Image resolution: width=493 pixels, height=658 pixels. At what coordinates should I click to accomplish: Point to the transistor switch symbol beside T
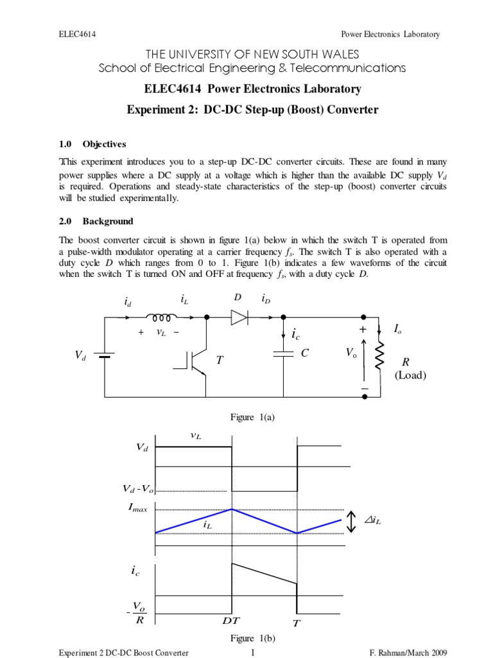tap(195, 362)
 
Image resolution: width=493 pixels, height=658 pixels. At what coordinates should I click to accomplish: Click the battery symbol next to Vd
tap(103, 355)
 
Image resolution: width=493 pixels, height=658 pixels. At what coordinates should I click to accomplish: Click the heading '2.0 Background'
tap(96, 221)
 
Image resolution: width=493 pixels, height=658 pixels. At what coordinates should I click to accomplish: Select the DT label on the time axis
tap(232, 622)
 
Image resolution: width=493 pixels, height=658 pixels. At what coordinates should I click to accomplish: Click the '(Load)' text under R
tap(411, 375)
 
